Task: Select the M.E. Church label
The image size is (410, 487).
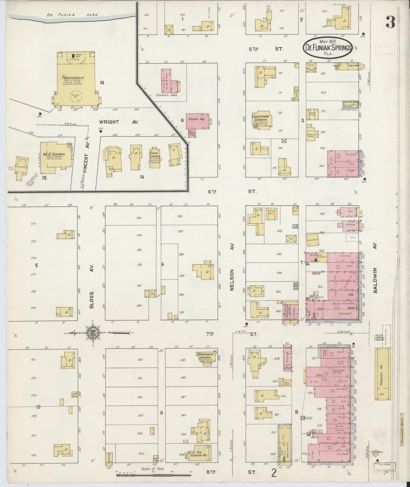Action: click(54, 154)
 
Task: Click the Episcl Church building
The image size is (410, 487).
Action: click(155, 158)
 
